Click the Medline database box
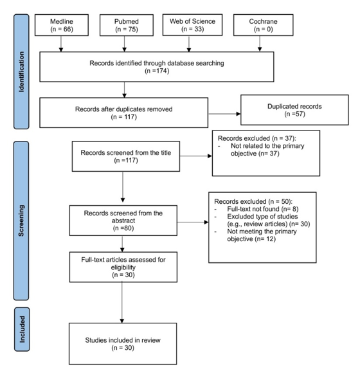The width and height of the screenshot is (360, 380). coord(62,25)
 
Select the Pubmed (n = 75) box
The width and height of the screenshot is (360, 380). coord(127,25)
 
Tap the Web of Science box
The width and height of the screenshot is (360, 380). coord(192,25)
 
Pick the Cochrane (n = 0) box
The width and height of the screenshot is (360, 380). coord(264,25)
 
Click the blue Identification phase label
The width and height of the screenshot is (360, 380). coord(21,71)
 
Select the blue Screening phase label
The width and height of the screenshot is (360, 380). coord(21,221)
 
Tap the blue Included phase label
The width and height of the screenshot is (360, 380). coord(22,329)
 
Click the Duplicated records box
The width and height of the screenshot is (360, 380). coord(294,110)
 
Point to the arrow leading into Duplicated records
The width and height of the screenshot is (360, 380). coord(224,114)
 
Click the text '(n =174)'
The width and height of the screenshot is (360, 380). coord(157,71)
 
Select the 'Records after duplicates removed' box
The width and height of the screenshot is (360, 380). coord(124,113)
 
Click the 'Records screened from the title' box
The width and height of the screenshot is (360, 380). coord(126,156)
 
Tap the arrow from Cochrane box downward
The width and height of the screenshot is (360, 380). coord(260,44)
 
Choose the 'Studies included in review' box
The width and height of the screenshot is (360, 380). coord(123,343)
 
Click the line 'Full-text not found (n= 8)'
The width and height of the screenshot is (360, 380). coord(263,209)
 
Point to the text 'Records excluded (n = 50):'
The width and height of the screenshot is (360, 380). coord(253,201)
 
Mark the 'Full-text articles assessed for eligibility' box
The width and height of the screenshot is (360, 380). coord(123,267)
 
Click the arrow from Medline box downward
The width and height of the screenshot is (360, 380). coord(61,44)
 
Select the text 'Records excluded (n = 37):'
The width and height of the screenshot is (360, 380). coord(256,138)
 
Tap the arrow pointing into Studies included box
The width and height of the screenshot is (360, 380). coord(122,302)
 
